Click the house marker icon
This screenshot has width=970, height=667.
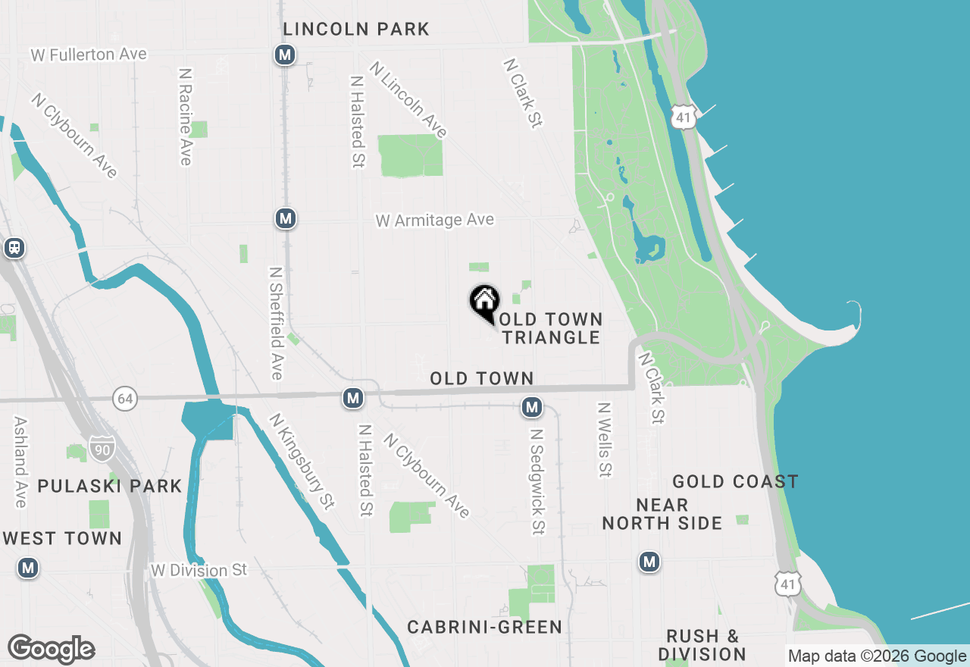click(484, 302)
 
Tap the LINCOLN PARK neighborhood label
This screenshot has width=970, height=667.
click(356, 30)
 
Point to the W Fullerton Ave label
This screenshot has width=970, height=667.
click(89, 55)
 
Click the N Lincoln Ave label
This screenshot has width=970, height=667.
click(408, 99)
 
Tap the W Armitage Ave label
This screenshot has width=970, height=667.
click(435, 220)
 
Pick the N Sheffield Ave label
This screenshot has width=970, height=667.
click(277, 322)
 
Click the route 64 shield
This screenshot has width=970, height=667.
click(126, 398)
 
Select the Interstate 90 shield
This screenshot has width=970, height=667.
click(102, 449)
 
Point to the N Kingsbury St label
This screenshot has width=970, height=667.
click(302, 461)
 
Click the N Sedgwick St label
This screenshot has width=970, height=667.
click(537, 481)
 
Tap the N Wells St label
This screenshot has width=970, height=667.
click(604, 440)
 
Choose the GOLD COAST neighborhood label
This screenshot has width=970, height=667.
click(735, 481)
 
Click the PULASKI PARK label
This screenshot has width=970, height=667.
click(110, 486)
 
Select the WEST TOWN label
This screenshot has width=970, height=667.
click(62, 538)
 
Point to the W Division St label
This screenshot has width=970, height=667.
click(199, 570)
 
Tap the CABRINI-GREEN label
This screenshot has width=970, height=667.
click(485, 627)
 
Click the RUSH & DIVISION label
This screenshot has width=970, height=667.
click(702, 645)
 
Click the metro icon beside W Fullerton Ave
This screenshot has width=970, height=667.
click(285, 55)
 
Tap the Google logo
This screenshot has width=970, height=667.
click(51, 650)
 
